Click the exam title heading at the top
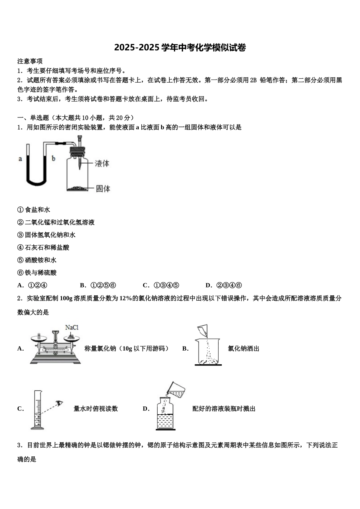[180, 48]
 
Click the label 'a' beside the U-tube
[20, 159]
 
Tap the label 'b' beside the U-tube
[53, 159]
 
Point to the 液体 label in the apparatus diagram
[102, 164]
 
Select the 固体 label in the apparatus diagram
[103, 188]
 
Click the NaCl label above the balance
[72, 328]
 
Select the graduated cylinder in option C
[37, 411]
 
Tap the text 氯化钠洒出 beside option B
[243, 349]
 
